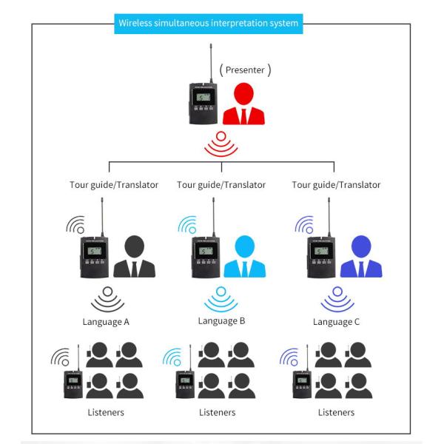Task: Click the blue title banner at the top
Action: point(208,23)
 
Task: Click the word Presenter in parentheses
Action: point(246,70)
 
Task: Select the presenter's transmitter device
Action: point(201,104)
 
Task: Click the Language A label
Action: point(106,322)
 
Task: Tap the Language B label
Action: point(221,321)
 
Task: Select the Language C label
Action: point(337,322)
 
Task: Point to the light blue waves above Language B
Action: point(221,300)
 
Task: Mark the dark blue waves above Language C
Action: point(337,300)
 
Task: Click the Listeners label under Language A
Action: point(105,412)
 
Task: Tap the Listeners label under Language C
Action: point(336,412)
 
